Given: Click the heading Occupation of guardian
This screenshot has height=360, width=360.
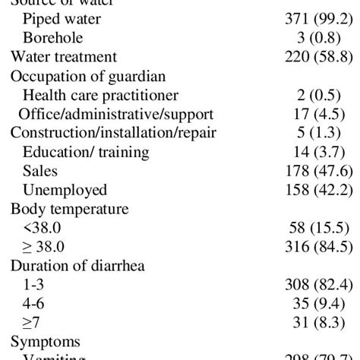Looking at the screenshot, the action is pos(87,75).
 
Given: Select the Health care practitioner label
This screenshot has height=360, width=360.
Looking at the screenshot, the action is pos(100,95).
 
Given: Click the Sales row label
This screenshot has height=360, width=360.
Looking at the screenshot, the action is pos(39,171).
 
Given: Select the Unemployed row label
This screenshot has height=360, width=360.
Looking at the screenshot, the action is pos(65,190).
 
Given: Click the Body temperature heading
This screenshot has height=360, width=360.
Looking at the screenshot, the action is pos(69,209).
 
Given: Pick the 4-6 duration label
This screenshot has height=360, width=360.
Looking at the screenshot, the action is pos(34,304).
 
